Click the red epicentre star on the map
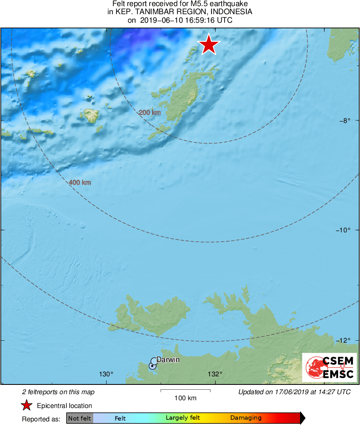click(x=208, y=45)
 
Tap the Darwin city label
click(x=168, y=360)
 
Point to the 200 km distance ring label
click(x=150, y=113)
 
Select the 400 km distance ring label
click(x=79, y=182)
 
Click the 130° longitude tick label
click(x=107, y=374)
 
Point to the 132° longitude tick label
click(x=215, y=374)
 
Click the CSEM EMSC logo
click(x=329, y=367)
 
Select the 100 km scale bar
click(x=185, y=391)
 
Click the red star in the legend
click(x=27, y=406)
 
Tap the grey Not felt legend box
click(x=79, y=418)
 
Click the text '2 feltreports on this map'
click(x=58, y=392)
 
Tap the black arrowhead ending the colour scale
click(x=302, y=418)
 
